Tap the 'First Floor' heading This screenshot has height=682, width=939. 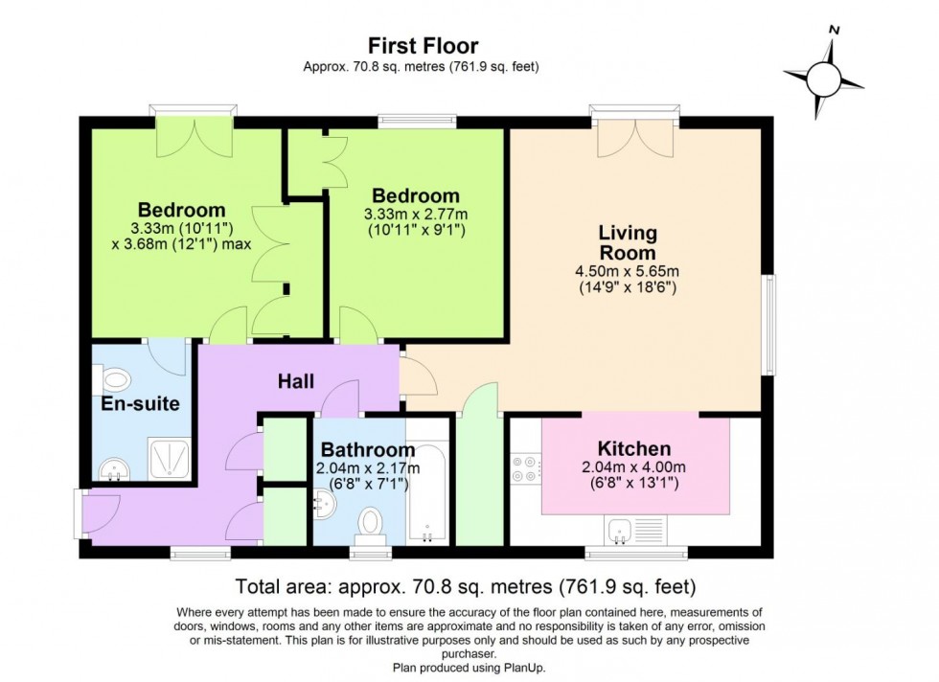click(x=424, y=45)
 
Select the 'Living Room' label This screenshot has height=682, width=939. click(x=628, y=242)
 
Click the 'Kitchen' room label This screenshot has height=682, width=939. click(x=633, y=448)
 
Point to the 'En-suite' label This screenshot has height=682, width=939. click(x=141, y=403)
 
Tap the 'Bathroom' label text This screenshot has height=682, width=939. click(x=368, y=449)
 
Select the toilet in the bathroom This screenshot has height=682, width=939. click(x=369, y=524)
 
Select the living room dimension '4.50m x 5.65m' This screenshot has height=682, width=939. click(x=628, y=271)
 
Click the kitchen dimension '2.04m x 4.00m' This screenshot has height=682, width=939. click(x=633, y=467)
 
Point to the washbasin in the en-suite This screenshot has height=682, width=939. click(x=113, y=468)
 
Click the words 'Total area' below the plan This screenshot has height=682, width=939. click(x=277, y=585)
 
